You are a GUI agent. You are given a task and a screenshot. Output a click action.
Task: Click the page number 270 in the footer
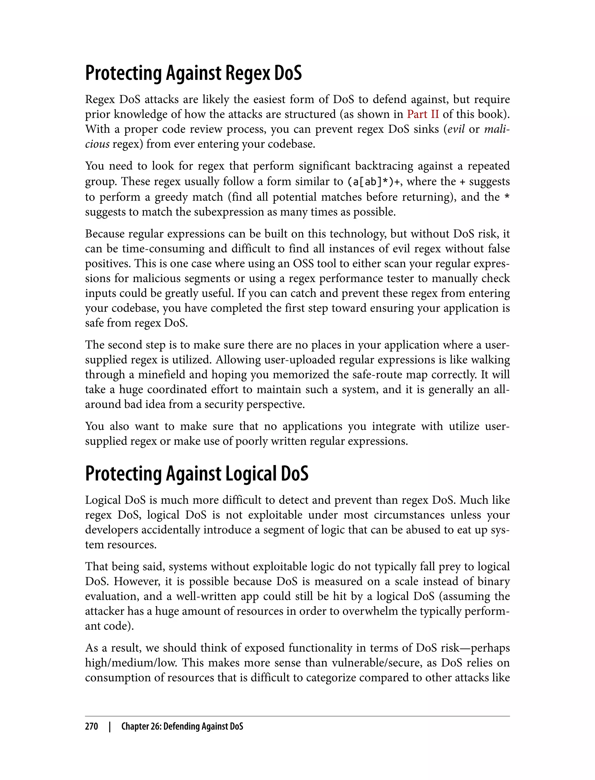92,726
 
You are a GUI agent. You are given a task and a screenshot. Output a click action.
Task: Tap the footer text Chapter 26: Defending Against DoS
182,726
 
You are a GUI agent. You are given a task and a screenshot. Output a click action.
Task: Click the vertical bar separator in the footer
110,726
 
